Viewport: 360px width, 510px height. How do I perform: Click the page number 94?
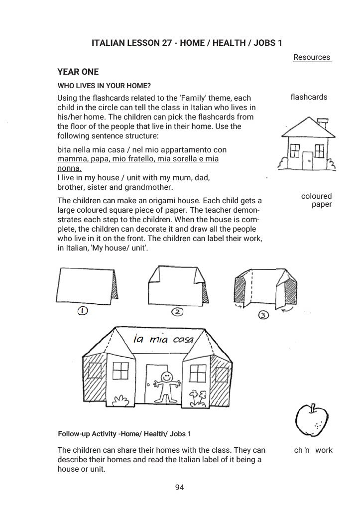coord(180,487)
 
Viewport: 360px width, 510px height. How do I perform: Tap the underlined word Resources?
coord(312,57)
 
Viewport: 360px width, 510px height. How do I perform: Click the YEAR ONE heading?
coord(78,72)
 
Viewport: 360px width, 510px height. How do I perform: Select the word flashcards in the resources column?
coord(309,97)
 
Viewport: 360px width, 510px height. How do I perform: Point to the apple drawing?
coord(311,421)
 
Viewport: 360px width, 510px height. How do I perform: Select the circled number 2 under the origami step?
coord(177,312)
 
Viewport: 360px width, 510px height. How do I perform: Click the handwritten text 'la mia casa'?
coord(159,341)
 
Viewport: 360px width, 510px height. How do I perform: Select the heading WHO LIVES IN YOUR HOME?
coord(104,85)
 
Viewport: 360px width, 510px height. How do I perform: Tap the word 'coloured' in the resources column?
coord(316,196)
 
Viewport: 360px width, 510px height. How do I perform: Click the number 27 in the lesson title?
coord(167,43)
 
